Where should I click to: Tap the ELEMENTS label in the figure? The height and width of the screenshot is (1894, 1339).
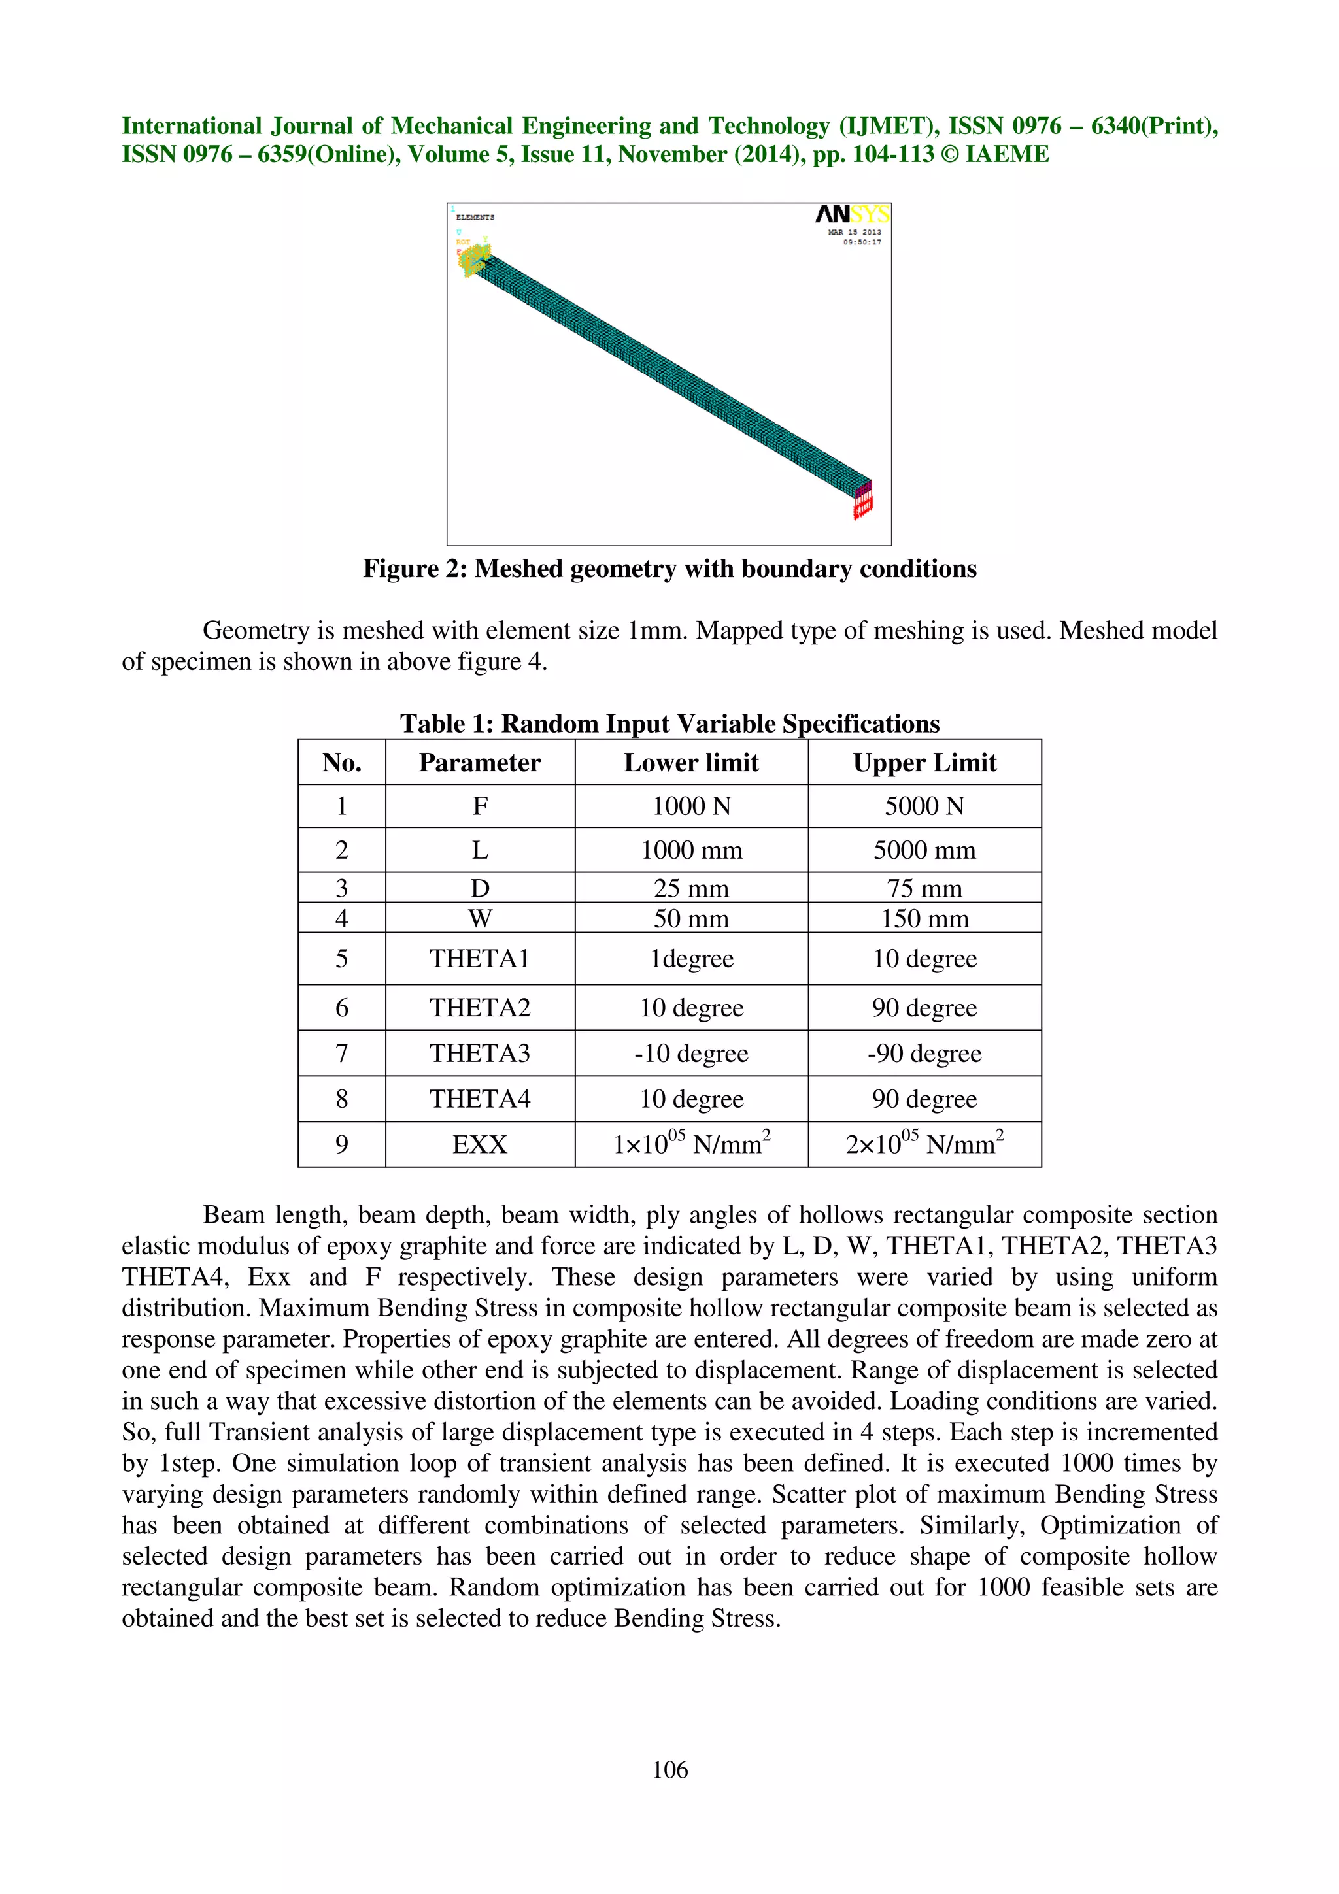point(475,217)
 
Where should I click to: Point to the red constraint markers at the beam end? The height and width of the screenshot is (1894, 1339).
point(863,501)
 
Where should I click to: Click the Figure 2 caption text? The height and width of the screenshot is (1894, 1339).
point(669,569)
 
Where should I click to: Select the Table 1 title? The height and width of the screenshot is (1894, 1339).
point(669,723)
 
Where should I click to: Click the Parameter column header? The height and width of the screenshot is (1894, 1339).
point(479,762)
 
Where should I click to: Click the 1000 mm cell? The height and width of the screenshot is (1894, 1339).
point(691,850)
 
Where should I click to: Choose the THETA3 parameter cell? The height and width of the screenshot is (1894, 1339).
point(479,1054)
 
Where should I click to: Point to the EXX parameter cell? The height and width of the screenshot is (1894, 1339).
point(479,1144)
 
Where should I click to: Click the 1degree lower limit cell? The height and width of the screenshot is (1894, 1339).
point(691,959)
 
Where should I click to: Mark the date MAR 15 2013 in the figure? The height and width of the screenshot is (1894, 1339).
point(854,233)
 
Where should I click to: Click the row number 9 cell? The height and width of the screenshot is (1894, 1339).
point(341,1144)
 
